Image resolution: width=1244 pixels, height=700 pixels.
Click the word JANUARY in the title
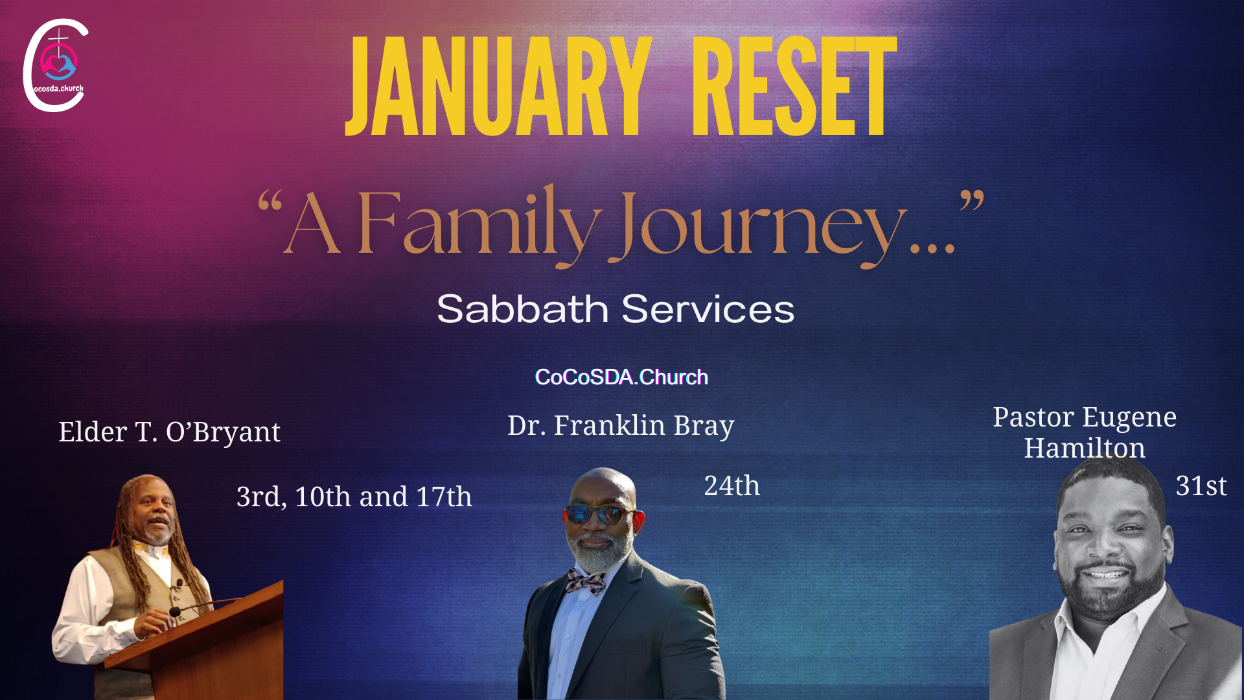(498, 86)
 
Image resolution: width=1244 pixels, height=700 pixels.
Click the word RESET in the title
(795, 86)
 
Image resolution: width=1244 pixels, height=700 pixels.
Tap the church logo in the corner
(56, 65)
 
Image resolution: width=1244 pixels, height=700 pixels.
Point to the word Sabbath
(522, 309)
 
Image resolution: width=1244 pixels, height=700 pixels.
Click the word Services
(708, 309)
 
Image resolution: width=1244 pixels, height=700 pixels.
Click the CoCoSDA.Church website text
(621, 377)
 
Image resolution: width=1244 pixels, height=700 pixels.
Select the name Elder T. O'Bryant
(170, 432)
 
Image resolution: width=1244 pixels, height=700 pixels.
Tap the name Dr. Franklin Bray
(621, 426)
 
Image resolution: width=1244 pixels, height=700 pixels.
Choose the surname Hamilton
(1085, 448)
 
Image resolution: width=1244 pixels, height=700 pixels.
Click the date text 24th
(732, 486)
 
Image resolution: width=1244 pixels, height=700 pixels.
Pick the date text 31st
(1201, 486)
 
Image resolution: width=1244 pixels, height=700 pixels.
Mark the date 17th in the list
(444, 497)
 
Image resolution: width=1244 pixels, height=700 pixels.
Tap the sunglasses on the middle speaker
(599, 515)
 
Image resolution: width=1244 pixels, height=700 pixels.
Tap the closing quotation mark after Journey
(972, 200)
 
